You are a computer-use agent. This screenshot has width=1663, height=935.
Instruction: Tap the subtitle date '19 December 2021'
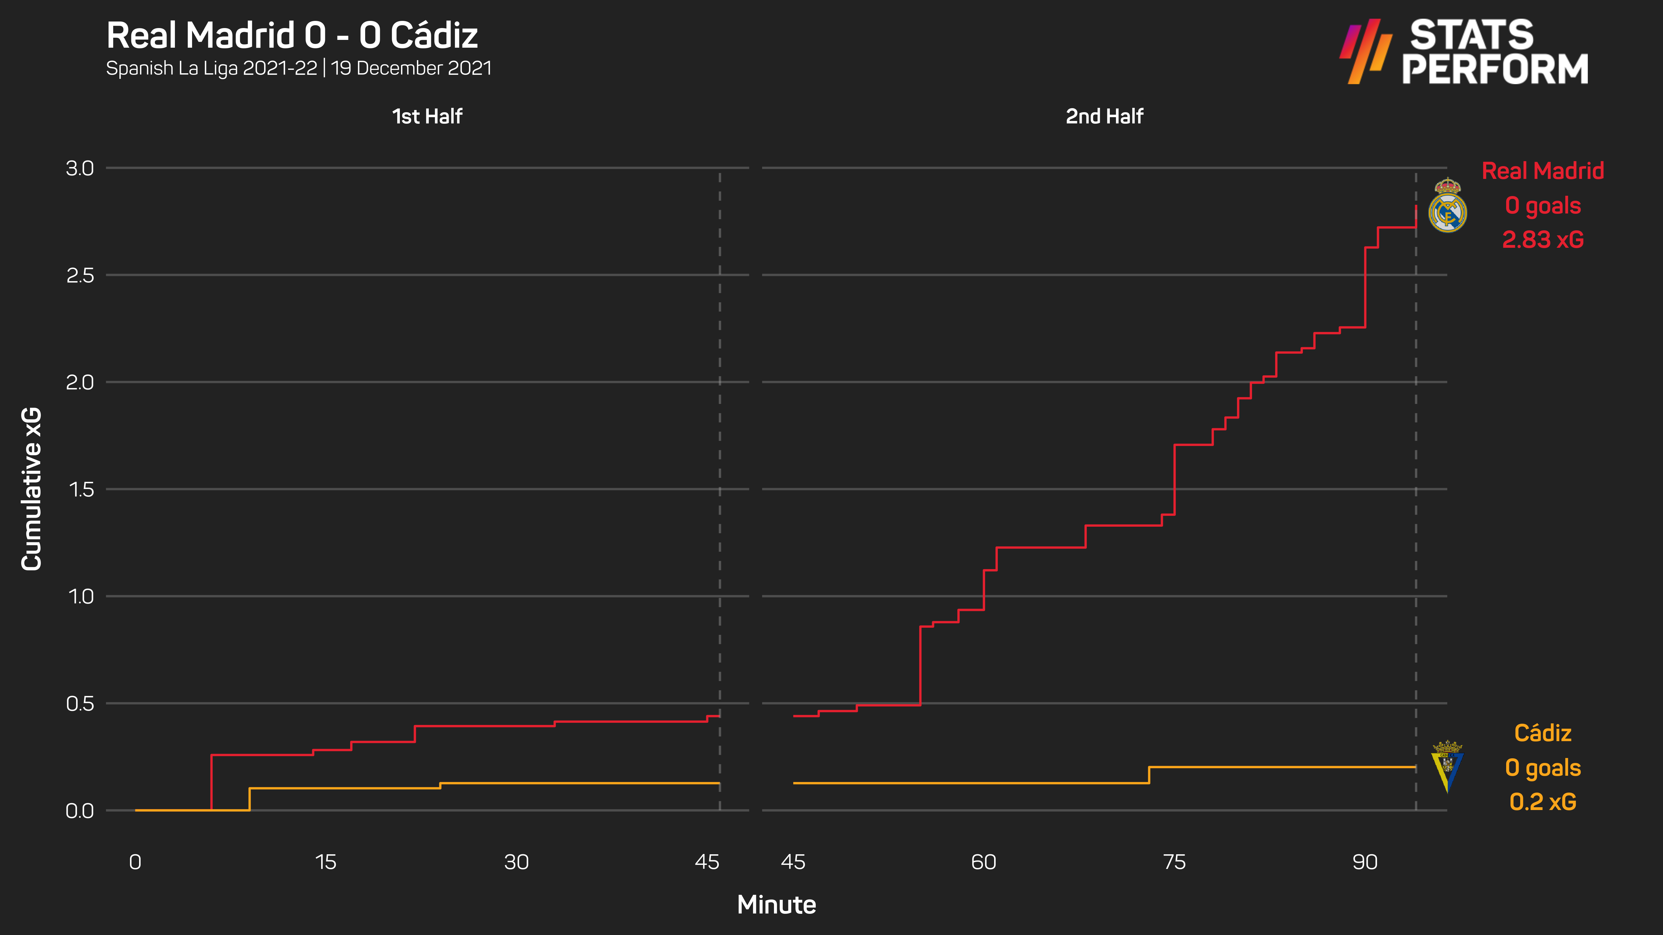click(411, 68)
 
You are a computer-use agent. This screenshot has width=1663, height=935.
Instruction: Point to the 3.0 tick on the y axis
click(80, 168)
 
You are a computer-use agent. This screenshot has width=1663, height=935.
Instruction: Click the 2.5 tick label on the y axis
click(80, 276)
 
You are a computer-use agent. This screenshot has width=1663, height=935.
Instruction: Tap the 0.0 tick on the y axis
click(80, 810)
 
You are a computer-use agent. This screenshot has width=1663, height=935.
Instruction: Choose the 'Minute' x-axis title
click(777, 905)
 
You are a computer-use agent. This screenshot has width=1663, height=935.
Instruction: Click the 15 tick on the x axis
click(325, 862)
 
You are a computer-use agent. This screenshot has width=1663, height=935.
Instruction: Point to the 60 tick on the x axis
click(983, 862)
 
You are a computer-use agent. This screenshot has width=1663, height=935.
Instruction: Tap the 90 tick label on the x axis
click(1365, 862)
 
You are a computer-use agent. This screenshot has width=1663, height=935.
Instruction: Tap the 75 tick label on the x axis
click(1174, 862)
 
